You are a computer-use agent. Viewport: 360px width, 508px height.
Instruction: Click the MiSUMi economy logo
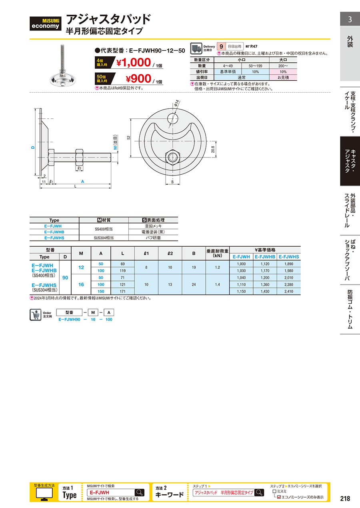45,23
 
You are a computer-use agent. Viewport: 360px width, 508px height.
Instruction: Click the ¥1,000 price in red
134,62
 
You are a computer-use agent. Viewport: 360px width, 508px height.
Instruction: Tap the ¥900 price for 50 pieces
138,78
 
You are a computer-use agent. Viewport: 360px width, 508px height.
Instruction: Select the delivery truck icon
196,48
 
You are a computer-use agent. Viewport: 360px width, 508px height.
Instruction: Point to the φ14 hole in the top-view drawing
173,119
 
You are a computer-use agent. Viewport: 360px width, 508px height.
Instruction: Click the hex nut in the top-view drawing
173,157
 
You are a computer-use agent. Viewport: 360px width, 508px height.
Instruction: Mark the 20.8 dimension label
213,149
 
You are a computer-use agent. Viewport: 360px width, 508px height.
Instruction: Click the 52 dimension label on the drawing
129,137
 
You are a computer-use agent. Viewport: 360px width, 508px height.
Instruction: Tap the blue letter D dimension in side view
33,147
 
